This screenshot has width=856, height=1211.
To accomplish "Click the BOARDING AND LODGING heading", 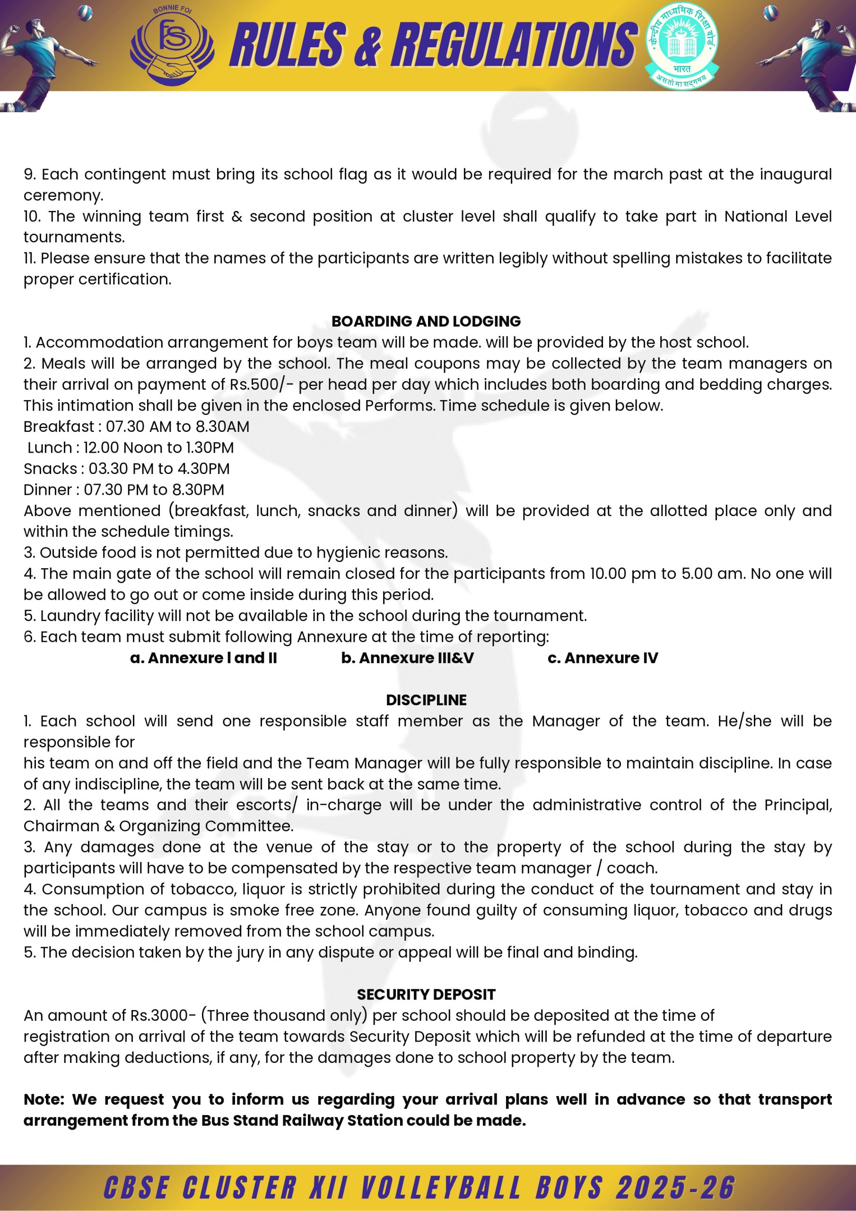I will [x=426, y=321].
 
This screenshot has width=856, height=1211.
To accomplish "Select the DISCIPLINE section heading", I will [x=426, y=700].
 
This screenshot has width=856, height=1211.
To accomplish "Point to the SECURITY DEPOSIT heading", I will [x=426, y=994].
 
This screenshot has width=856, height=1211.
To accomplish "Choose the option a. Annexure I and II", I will [x=203, y=658].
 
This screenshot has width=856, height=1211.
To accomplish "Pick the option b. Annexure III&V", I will [x=407, y=658].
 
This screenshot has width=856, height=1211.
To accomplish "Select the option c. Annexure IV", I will [x=603, y=658].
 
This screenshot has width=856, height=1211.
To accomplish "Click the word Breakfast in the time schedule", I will [x=59, y=426].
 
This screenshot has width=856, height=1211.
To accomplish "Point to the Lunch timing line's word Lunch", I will [x=50, y=448].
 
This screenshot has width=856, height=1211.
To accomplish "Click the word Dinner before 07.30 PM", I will [x=49, y=490].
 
